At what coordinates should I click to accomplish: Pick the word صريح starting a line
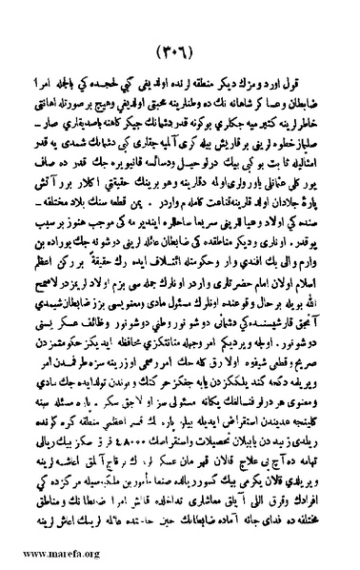[322, 360]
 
